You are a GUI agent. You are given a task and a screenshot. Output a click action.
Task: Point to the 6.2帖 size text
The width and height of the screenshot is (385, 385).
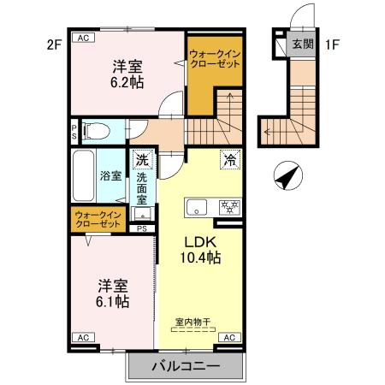[125, 83]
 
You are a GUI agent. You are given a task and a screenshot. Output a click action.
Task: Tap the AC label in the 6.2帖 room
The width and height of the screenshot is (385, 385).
[83, 38]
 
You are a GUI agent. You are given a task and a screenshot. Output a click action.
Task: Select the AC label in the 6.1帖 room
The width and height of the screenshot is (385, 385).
[84, 338]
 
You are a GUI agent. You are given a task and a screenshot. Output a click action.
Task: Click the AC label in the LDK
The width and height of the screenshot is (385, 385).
[229, 338]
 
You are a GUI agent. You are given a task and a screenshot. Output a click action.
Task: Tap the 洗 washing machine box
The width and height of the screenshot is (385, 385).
[142, 159]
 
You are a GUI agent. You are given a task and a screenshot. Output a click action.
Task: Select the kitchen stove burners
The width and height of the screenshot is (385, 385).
[229, 206]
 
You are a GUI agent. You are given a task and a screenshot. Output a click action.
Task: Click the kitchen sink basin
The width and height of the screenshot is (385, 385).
[197, 206]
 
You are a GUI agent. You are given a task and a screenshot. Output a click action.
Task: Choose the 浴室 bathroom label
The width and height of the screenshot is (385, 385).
[110, 177]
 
